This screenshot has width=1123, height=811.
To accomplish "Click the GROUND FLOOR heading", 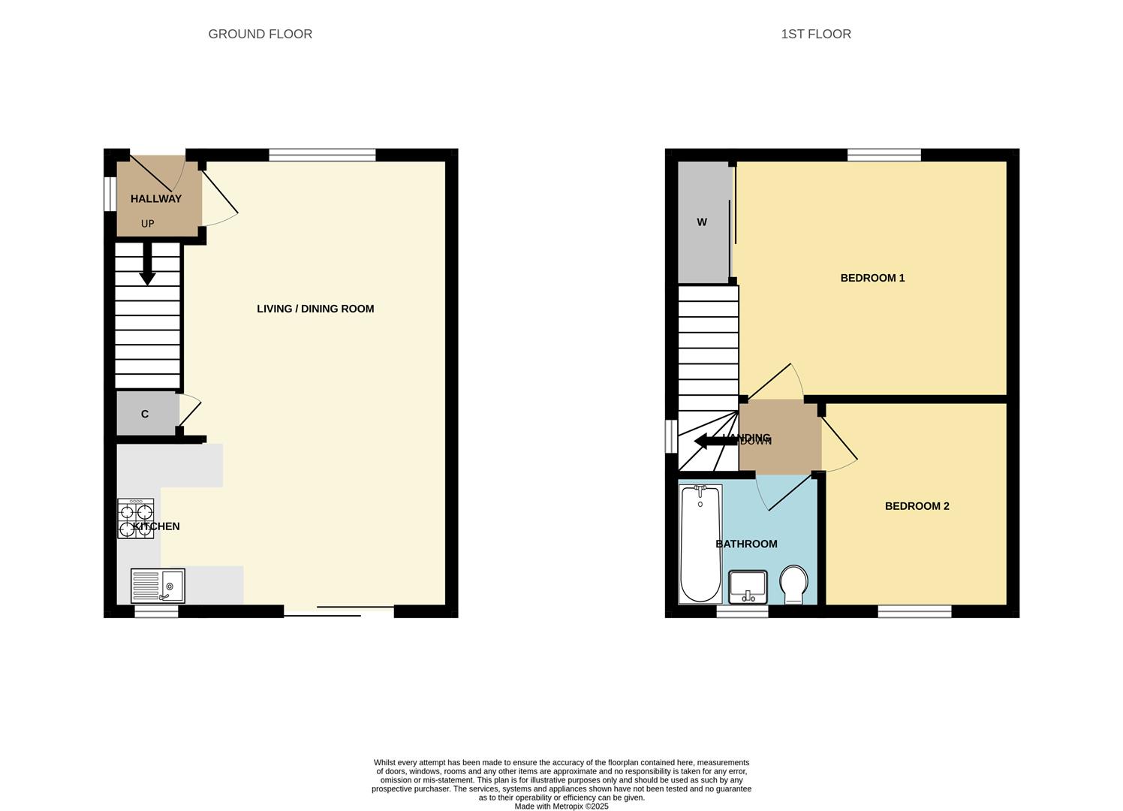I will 260,34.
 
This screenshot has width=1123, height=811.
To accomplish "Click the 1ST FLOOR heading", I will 815,34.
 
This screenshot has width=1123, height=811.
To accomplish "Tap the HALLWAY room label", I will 156,199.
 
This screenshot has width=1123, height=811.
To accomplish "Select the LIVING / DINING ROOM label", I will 315,309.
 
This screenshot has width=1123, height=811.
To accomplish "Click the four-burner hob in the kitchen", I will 136,518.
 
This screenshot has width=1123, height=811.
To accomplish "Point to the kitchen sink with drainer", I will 158,586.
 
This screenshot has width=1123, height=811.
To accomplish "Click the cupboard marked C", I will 146,414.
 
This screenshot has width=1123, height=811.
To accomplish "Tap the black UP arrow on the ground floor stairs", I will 147,266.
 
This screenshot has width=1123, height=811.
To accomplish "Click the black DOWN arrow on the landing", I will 715,442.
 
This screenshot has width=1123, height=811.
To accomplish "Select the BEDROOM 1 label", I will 872,278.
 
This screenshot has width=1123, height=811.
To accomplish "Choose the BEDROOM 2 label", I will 917,506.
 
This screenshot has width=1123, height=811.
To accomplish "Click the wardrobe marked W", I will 703,222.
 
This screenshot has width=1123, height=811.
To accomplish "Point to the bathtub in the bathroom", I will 700,544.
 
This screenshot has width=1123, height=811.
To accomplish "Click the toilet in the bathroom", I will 793,584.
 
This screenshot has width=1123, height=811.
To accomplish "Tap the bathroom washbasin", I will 748,586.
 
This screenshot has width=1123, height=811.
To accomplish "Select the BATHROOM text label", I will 746,544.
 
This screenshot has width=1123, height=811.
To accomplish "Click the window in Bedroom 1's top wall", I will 884,155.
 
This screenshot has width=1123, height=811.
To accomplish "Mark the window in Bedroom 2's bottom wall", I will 914,612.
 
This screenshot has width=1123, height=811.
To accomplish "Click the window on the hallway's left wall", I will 110,194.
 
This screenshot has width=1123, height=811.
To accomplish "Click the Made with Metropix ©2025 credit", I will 561,806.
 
